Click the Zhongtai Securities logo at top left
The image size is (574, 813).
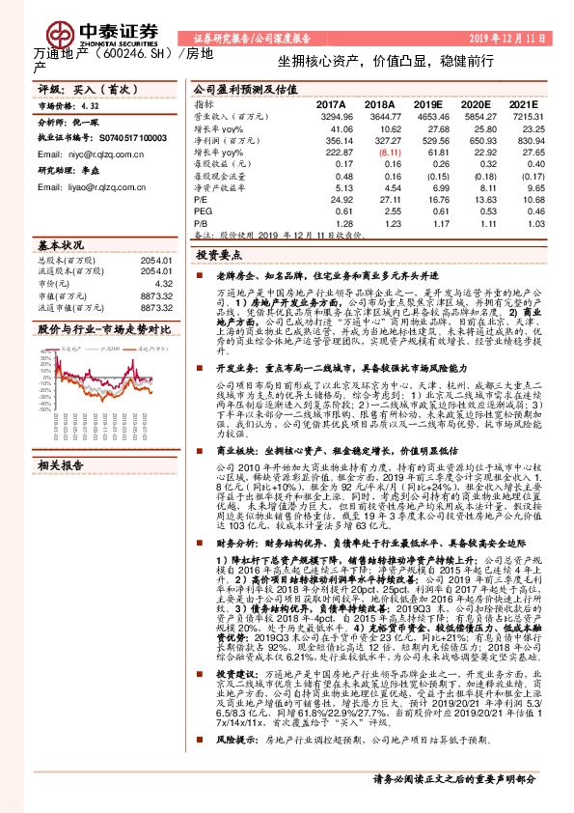click(x=73, y=26)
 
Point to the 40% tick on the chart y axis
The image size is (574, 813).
click(x=42, y=351)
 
